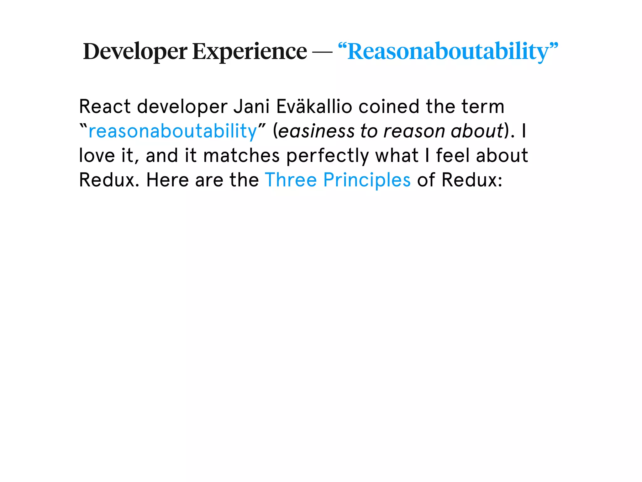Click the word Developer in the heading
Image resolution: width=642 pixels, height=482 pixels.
[135, 51]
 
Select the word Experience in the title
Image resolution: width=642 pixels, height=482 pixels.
[250, 51]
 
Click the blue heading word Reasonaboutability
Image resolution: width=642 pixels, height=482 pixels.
[448, 51]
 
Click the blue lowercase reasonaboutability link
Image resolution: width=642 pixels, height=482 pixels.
[173, 131]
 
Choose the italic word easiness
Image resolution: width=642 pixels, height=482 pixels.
[316, 131]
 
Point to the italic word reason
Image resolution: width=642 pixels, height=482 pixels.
[414, 131]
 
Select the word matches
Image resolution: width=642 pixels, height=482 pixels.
[241, 156]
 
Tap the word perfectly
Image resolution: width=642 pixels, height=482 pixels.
[328, 156]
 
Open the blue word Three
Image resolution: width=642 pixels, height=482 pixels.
[291, 180]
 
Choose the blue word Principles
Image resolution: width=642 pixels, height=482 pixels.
[367, 180]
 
